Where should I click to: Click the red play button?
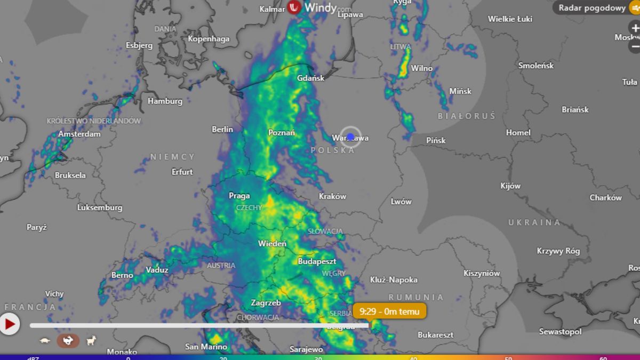10,324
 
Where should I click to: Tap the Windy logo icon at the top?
294,7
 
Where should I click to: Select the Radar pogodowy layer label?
592,7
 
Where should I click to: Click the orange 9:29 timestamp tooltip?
389,311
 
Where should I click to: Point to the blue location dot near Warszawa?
350,137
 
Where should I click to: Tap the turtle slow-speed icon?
45,340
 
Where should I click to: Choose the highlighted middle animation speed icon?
68,340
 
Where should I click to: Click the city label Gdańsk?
310,78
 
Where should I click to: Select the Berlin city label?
222,129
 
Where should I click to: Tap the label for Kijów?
510,186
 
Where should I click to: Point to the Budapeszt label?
317,261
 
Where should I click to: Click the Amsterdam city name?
79,134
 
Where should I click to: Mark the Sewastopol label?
560,332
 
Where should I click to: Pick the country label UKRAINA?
534,222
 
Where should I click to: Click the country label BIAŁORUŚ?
466,116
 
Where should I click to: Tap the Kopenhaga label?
209,38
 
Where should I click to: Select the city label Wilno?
421,68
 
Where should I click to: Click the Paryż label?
37,227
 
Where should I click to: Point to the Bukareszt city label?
436,335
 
